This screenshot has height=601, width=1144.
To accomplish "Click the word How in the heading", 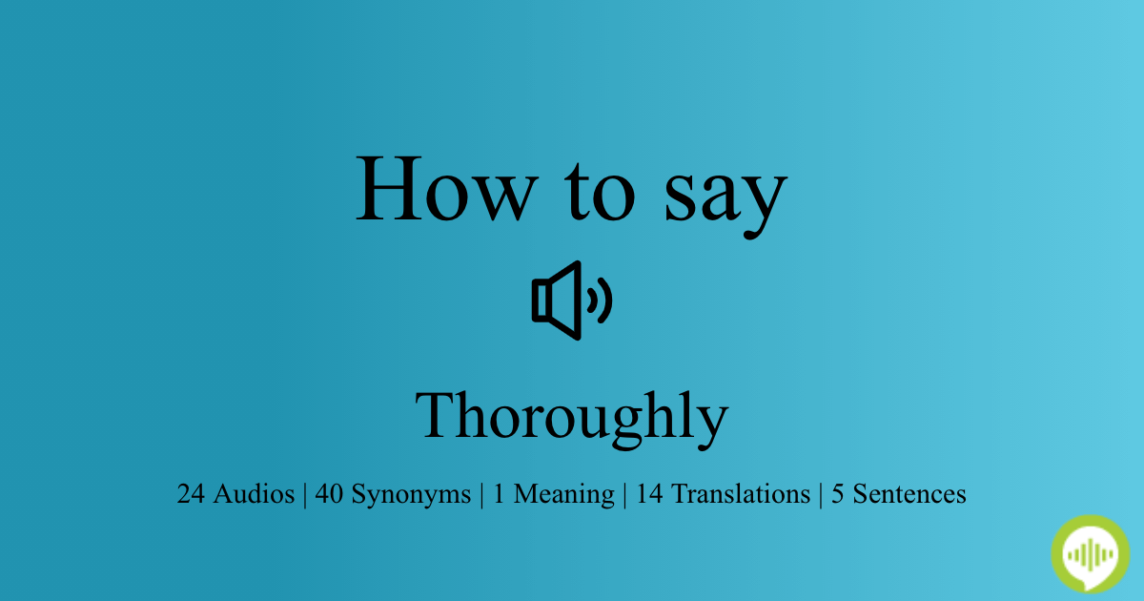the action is tap(447, 189).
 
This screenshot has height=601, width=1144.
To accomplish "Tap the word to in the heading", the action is tap(600, 192).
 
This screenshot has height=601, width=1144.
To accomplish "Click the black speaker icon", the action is tap(572, 300).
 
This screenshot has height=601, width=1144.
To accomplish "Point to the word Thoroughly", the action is tap(572, 420).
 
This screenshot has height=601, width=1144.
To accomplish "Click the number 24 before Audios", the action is tap(191, 494).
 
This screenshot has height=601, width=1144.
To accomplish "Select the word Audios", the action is tap(254, 494).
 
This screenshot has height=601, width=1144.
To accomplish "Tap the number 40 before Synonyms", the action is tap(329, 494).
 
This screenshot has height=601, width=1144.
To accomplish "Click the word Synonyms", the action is tap(411, 495).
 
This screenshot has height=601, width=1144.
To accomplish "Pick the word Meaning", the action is tap(563, 495).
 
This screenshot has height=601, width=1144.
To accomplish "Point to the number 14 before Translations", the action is tap(649, 494).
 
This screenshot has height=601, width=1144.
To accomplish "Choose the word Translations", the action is tap(741, 494).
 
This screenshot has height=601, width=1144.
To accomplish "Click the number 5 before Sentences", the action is tap(838, 494).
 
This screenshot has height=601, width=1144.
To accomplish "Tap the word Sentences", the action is tap(909, 494).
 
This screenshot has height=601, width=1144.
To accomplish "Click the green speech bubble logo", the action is tap(1091, 554).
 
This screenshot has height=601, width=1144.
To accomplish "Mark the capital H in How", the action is tap(389, 189).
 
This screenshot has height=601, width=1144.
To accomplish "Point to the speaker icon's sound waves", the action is tap(600, 300).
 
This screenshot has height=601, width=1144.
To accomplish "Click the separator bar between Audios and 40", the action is tap(305, 495).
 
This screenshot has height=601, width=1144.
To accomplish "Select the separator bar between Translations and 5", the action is tap(821, 495).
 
